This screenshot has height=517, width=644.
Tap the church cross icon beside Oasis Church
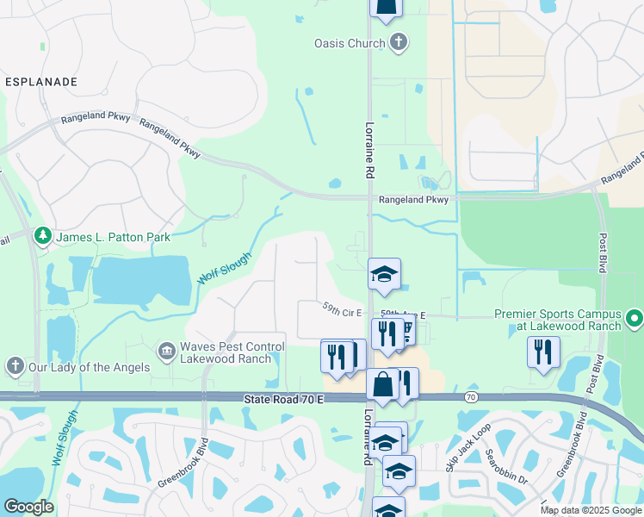[398, 41]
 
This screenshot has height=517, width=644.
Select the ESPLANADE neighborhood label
[41, 82]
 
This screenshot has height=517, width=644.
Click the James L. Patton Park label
[114, 236]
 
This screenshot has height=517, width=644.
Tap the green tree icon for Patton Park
[42, 236]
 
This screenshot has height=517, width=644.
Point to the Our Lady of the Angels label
[88, 367]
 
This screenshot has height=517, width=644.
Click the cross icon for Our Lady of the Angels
[15, 367]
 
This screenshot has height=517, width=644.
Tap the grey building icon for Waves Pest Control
[165, 351]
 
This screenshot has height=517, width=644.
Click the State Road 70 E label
[283, 399]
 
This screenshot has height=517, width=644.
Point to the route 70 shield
[470, 397]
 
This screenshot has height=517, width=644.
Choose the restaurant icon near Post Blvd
[543, 352]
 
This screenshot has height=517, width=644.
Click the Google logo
[29, 508]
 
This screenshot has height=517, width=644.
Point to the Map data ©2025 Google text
[590, 510]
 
